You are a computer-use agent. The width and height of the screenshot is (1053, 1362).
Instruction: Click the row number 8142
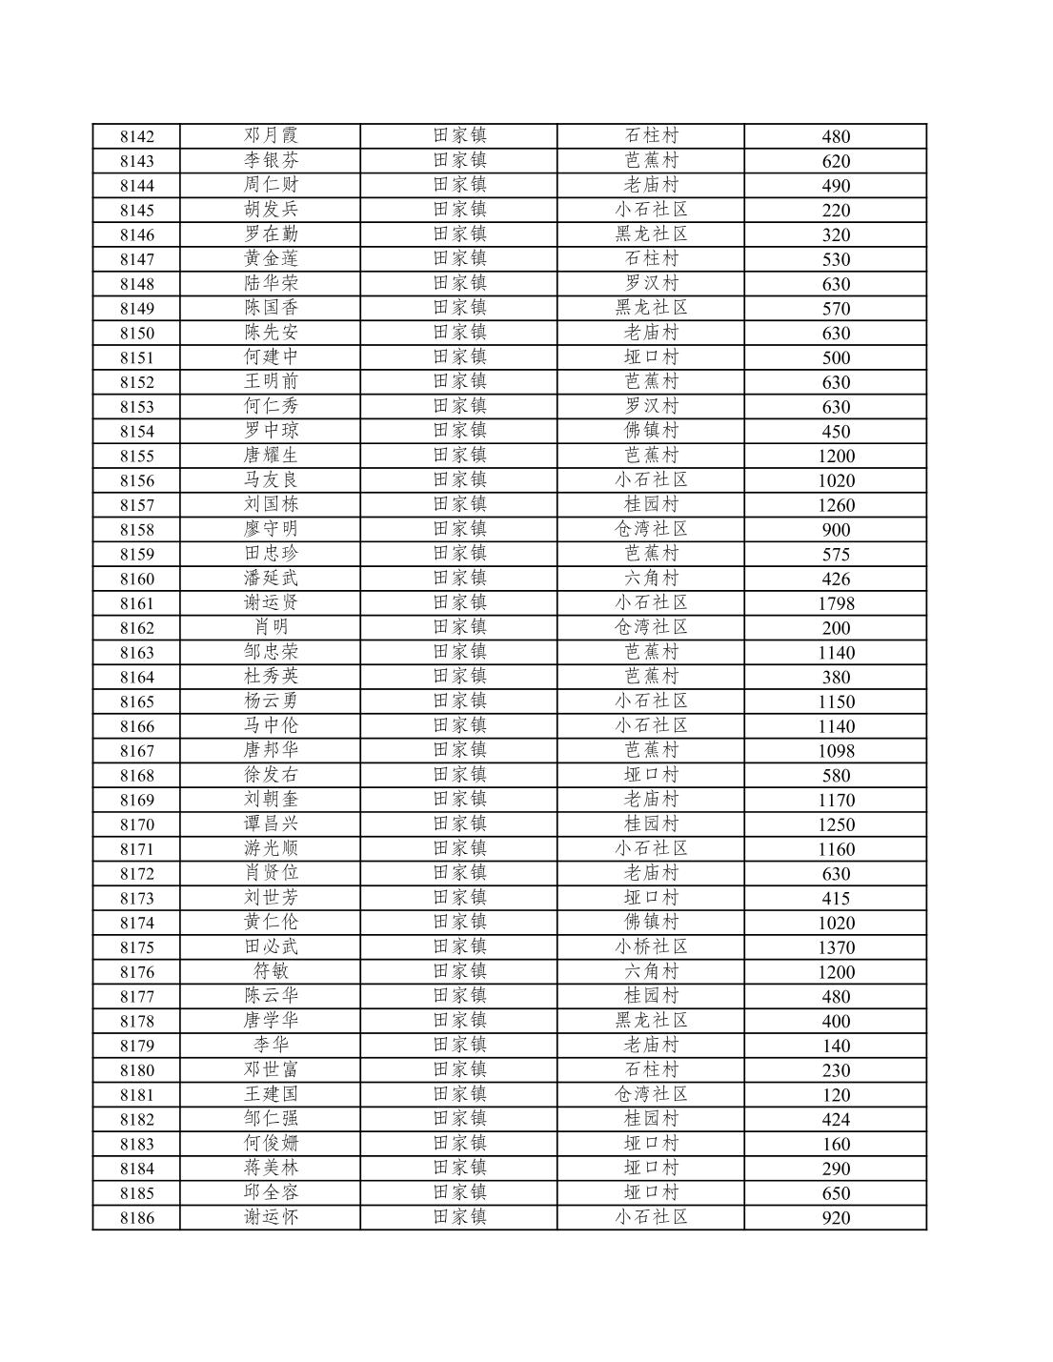pos(136,136)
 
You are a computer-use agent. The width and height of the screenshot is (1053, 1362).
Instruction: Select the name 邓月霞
pos(271,135)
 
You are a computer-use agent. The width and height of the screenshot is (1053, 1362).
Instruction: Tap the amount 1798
pos(836,603)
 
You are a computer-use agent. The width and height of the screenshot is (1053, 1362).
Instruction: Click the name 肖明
pos(271,627)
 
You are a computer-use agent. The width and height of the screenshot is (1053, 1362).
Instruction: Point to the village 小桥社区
pos(651,946)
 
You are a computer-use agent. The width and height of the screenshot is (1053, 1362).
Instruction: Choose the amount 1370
pos(836,947)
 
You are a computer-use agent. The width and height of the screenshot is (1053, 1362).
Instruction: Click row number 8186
pos(136,1218)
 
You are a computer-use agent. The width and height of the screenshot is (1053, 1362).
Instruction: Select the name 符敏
pos(271,971)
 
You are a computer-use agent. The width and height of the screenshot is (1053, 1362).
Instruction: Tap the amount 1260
pos(836,505)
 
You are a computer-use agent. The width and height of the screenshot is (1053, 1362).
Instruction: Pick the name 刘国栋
pos(271,504)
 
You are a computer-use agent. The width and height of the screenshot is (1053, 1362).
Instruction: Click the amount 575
pos(836,555)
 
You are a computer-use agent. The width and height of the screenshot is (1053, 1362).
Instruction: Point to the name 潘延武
pos(271,578)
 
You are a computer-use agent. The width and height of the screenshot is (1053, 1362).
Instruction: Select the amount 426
pos(836,579)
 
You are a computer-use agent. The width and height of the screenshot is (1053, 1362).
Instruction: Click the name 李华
pos(271,1045)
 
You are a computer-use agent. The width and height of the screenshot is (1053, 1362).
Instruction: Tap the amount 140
pos(836,1046)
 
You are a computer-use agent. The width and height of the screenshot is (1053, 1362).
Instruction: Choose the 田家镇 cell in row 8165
pos(459,701)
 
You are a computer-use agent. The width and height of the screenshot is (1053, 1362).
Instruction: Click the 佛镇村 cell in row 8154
pos(651,430)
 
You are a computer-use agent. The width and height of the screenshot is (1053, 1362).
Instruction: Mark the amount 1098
pos(836,751)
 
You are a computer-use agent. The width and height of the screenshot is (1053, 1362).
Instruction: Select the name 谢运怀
pos(271,1217)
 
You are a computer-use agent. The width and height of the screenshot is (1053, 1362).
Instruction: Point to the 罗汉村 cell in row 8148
pos(651,283)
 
